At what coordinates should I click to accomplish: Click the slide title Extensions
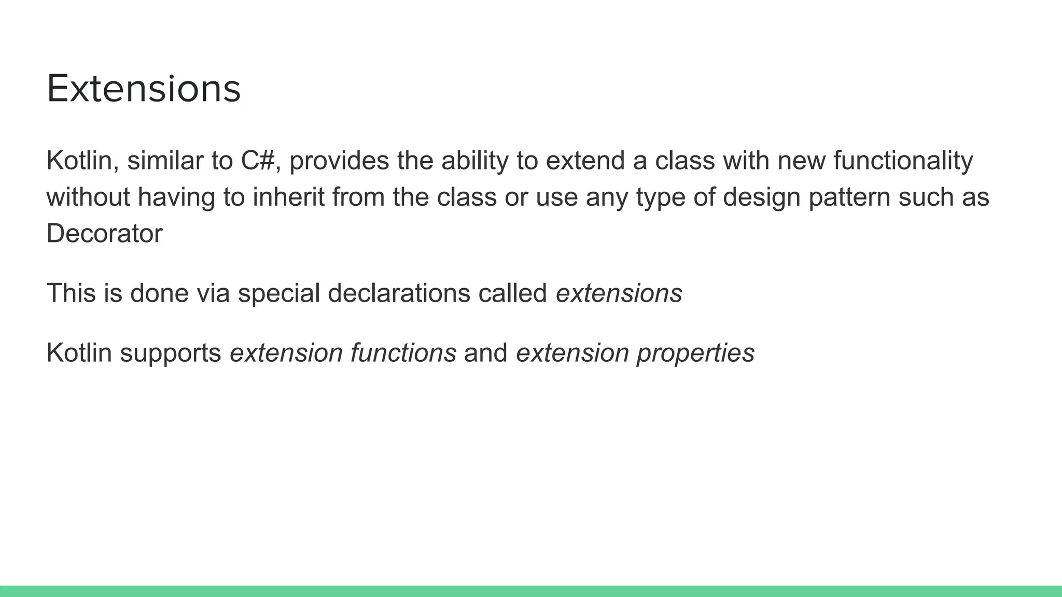point(144,89)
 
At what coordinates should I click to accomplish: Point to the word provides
point(339,161)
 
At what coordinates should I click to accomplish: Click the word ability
point(475,161)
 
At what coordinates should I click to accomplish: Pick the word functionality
point(903,161)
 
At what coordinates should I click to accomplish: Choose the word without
point(88,197)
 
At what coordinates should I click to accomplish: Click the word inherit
point(288,197)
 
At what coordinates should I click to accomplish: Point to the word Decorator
point(104,234)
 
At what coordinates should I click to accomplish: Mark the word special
point(279,293)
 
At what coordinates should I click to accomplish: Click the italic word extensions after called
point(619,293)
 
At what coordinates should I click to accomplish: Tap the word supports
point(171,353)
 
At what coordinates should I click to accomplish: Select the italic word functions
point(403,353)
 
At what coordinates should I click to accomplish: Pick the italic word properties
point(695,353)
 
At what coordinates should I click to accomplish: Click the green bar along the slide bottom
point(531,591)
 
